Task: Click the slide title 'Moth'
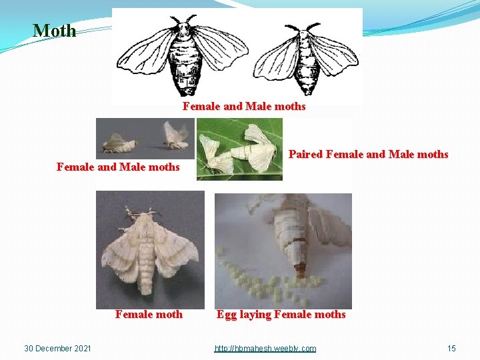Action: pos(55,31)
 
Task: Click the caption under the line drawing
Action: pos(244,107)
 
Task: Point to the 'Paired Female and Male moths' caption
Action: pos(368,155)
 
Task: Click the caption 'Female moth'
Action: pos(149,315)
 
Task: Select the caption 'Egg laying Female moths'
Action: pos(281,315)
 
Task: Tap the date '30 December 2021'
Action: pos(57,349)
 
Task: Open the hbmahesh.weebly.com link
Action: pos(265,349)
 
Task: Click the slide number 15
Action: pos(451,349)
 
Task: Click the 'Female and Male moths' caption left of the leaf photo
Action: pos(118,167)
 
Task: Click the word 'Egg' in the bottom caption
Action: pos(227,315)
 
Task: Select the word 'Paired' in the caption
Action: pos(305,155)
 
